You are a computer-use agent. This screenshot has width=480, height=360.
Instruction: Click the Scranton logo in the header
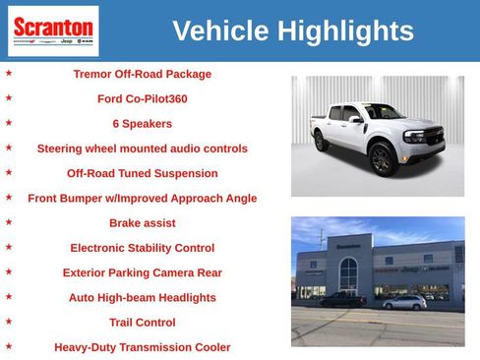(x=53, y=30)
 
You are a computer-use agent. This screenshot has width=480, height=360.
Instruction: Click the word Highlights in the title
(x=345, y=31)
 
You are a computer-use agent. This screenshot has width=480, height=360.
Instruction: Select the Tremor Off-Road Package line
(x=142, y=74)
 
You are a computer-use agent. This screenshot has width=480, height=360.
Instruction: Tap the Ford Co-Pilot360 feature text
(x=142, y=98)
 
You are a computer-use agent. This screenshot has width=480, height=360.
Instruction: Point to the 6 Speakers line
(x=142, y=124)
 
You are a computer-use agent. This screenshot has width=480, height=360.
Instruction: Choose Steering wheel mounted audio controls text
(x=142, y=149)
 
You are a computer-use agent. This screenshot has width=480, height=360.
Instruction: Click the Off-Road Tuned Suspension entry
(x=142, y=173)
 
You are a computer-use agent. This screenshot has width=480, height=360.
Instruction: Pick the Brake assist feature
(x=142, y=223)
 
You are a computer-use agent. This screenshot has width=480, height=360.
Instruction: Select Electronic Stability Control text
(x=142, y=248)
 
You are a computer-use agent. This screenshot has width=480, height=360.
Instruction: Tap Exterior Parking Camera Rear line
(x=142, y=272)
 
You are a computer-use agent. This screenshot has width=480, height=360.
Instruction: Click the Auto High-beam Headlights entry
(x=142, y=297)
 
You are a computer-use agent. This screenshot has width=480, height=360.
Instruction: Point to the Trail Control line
(x=142, y=323)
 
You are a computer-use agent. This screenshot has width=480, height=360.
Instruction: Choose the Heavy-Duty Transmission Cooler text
(x=142, y=347)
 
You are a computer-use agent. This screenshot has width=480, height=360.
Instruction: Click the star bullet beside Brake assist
(x=9, y=222)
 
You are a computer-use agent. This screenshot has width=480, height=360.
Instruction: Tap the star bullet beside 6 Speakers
(x=9, y=123)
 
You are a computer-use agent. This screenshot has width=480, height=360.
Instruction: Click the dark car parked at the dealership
(x=343, y=299)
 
